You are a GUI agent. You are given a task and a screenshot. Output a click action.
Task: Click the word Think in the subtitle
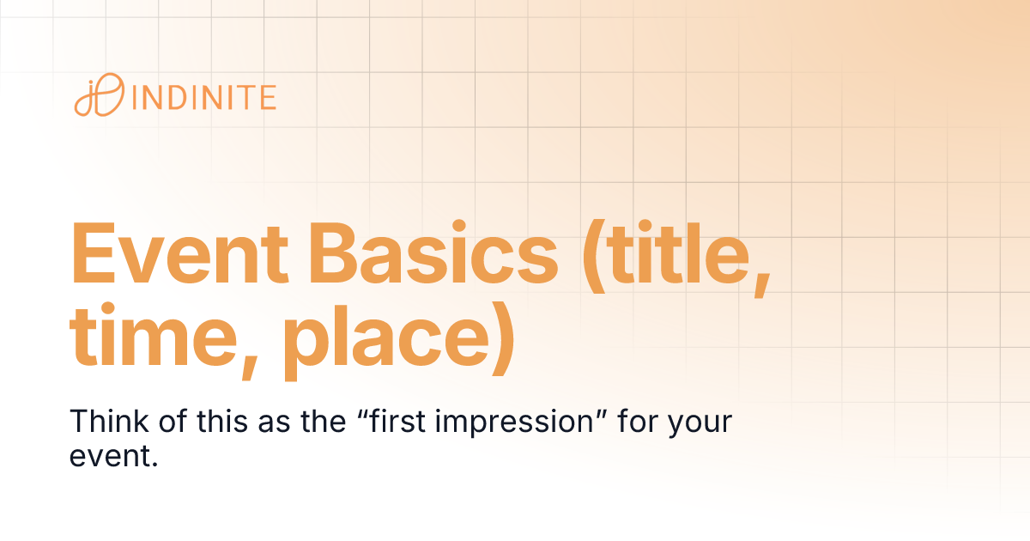(99, 422)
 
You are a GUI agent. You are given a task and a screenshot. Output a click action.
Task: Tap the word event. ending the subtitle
(113, 456)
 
